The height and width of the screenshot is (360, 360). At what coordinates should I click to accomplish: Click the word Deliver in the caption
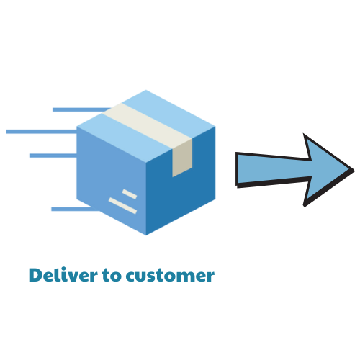63,274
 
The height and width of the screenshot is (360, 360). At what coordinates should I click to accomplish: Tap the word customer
170,276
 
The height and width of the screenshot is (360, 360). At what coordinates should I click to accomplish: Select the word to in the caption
112,275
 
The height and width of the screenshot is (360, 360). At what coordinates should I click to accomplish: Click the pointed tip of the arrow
354,171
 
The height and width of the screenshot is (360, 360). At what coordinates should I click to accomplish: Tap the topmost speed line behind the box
81,109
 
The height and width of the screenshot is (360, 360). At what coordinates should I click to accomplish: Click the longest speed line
41,132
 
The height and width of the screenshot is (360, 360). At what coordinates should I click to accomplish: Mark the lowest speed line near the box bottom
76,209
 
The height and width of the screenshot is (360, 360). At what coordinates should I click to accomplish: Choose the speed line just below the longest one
53,156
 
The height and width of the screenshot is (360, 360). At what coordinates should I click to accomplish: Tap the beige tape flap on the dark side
182,158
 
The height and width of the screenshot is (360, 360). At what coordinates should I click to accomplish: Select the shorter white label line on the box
130,194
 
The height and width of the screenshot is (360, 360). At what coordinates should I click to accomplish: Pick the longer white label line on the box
122,206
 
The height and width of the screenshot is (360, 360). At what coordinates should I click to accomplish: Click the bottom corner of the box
146,235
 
